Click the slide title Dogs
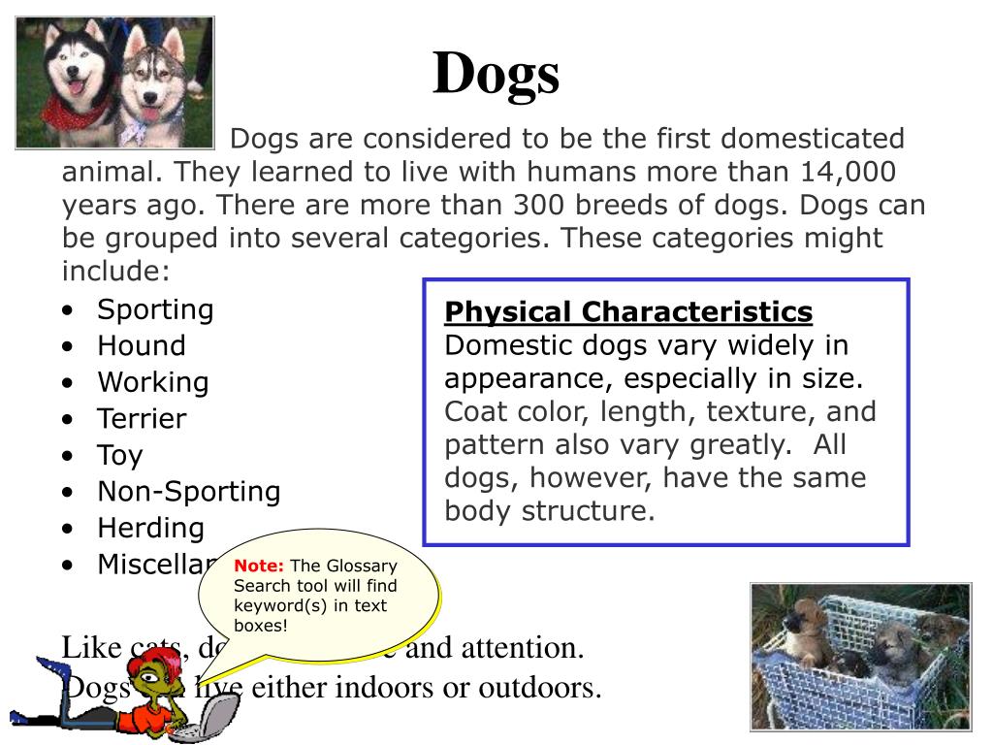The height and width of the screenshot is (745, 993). coord(496,75)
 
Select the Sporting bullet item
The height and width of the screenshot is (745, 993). coord(155,309)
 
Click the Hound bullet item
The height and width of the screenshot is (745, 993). coord(141,345)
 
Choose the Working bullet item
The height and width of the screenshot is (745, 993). coord(152,382)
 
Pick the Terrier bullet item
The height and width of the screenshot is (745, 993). coord(142,419)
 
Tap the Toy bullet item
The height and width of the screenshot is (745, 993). coord(119,456)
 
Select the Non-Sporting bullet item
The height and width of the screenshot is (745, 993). coord(188,492)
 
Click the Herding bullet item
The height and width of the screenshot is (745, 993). coord(150,529)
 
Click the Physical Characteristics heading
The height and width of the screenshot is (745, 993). coord(628,312)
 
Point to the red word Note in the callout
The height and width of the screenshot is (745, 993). coord(259,566)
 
